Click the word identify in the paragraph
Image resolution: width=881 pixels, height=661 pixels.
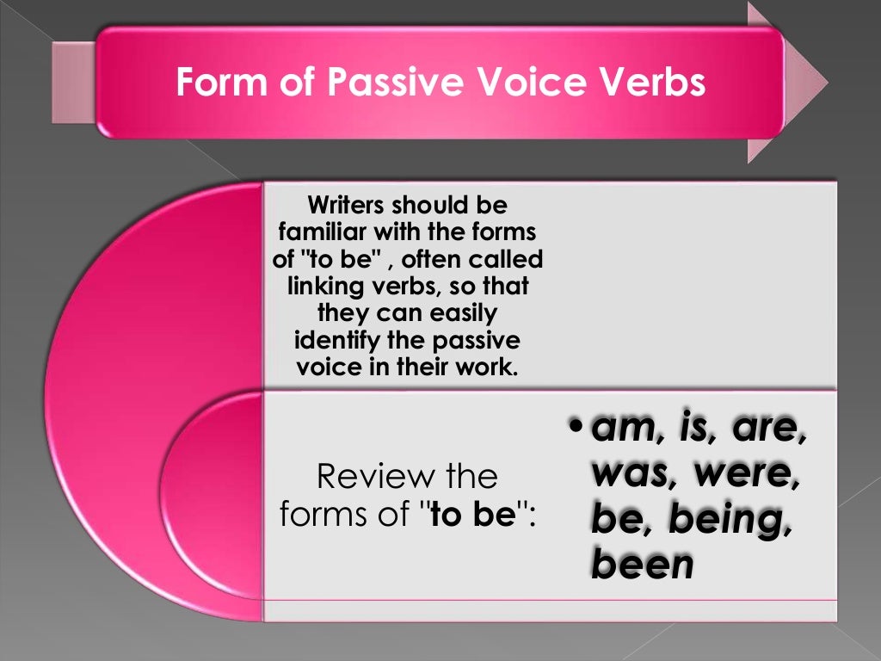click(x=336, y=340)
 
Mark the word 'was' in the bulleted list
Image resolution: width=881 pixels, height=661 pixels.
click(x=631, y=475)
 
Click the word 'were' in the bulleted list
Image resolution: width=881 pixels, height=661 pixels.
click(x=742, y=475)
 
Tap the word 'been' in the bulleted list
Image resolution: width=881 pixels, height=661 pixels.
click(x=642, y=565)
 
